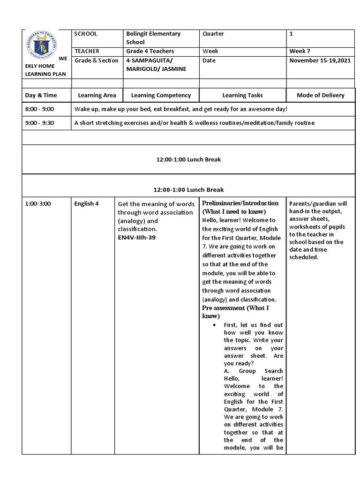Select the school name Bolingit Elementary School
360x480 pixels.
[x=153, y=38]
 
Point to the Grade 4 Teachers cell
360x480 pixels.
[x=150, y=51]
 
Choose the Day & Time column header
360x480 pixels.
[x=41, y=95]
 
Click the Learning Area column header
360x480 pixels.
[x=97, y=95]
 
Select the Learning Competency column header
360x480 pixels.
[x=161, y=95]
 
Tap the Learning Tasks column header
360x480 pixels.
[x=243, y=95]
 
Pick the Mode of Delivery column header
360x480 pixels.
[x=321, y=95]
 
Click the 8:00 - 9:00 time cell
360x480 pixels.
[x=40, y=109]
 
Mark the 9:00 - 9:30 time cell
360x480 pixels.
[x=40, y=123]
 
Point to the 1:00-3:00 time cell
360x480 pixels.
[x=38, y=204]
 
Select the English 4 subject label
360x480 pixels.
[x=86, y=204]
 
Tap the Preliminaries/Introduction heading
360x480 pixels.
[x=240, y=203]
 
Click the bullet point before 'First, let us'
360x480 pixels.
[x=214, y=325]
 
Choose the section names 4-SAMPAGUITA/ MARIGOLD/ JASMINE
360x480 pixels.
[x=156, y=65]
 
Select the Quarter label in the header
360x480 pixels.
[x=213, y=34]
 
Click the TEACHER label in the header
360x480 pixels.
[x=87, y=51]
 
